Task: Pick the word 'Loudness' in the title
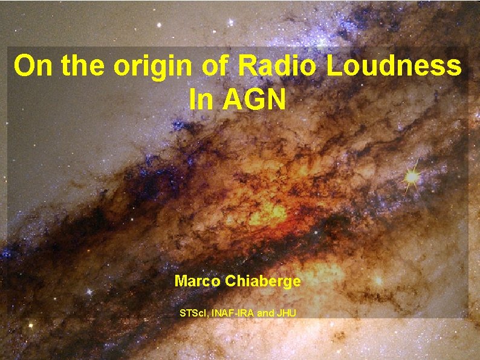395,66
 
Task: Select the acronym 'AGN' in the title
254,100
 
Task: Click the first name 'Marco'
195,281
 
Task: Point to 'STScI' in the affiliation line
193,313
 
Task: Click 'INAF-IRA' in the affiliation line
233,313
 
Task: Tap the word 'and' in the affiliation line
267,313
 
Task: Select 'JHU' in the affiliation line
287,313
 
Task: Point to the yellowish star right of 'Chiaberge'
379,281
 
